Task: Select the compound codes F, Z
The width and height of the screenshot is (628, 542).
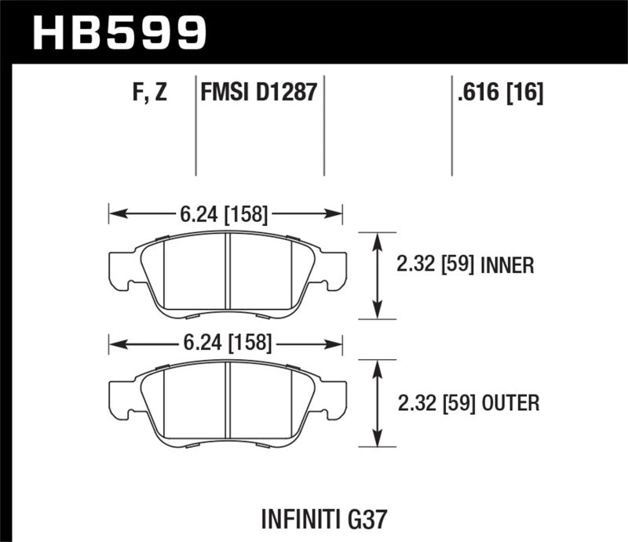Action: [149, 93]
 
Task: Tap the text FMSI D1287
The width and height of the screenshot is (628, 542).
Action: [259, 93]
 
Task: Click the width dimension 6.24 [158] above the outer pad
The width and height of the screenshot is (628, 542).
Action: [225, 343]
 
